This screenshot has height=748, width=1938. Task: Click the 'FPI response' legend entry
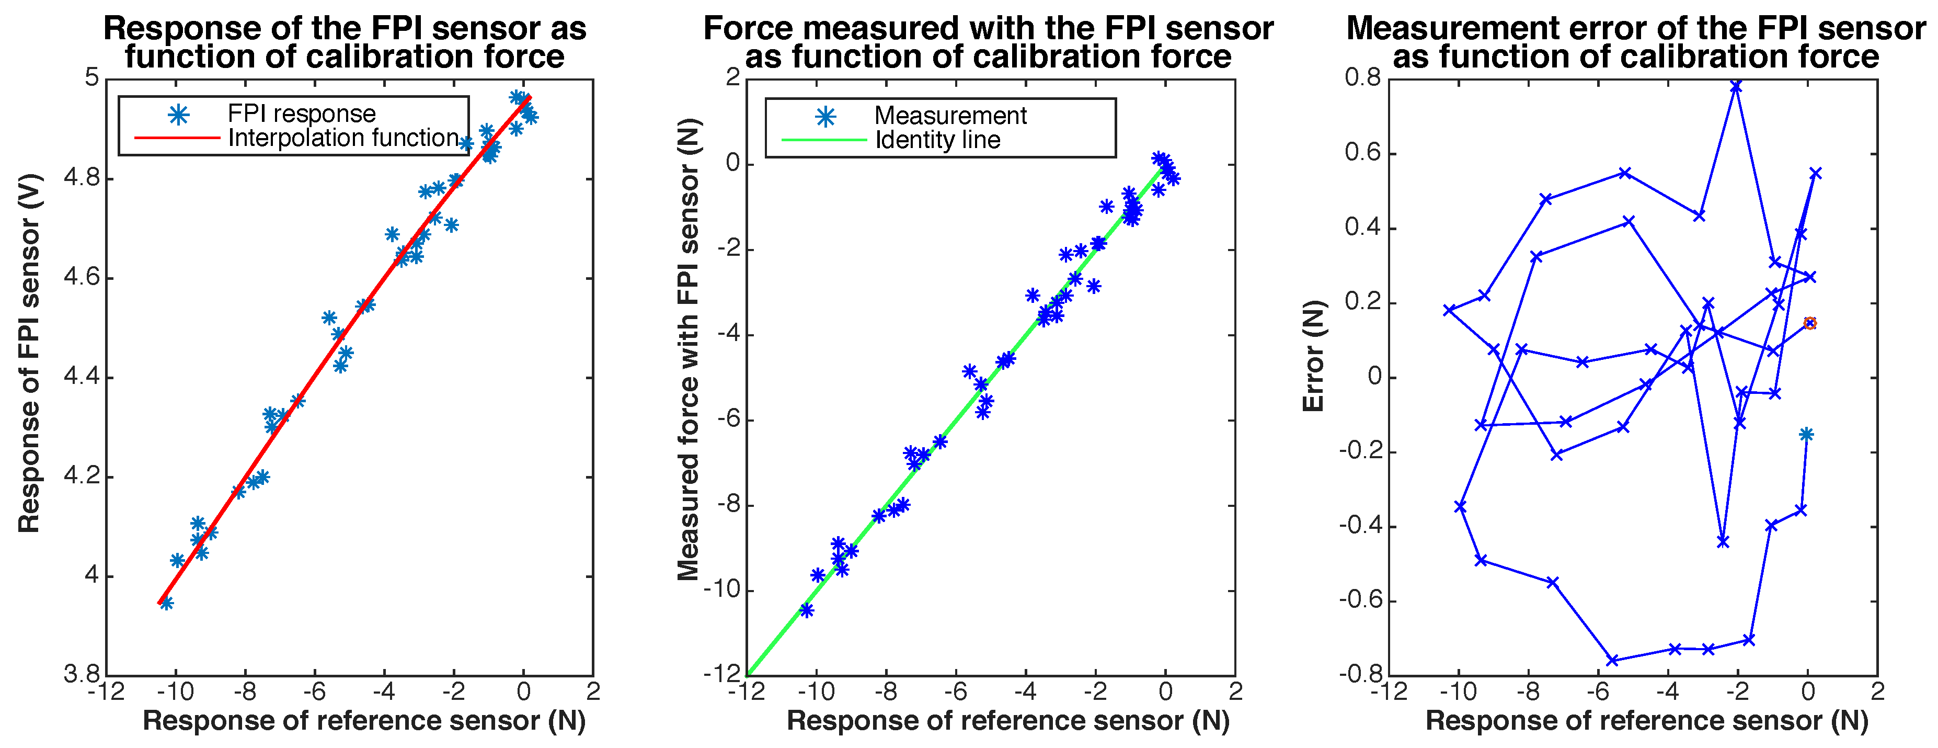click(301, 114)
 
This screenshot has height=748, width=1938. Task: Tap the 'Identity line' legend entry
click(937, 140)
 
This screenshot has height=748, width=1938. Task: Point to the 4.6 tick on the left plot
click(81, 278)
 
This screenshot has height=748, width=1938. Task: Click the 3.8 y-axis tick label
click(81, 674)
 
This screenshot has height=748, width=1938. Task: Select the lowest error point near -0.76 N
click(1612, 660)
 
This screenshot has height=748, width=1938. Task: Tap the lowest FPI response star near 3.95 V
click(167, 603)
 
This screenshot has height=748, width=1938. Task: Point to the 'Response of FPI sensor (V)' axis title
click(29, 354)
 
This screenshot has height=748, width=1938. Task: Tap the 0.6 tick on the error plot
click(1364, 153)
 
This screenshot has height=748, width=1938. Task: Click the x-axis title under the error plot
click(1647, 721)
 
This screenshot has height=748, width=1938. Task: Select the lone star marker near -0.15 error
click(1806, 434)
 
